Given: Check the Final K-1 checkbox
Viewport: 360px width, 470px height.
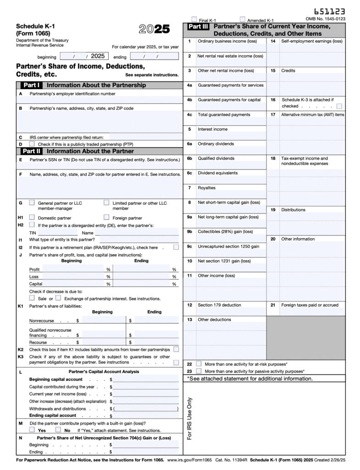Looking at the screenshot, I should coord(194,20).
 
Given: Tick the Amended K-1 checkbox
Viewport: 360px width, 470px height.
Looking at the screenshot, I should coord(243,20).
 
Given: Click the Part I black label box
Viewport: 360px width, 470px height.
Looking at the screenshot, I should coord(31,85).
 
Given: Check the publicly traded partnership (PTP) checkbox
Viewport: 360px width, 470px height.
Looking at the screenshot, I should coord(32,144).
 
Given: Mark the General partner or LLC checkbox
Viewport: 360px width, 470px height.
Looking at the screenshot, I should coord(32,202).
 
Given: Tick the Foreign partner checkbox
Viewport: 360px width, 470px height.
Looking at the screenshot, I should coord(106,217).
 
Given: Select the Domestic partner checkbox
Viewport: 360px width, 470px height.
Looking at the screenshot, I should coord(32,217).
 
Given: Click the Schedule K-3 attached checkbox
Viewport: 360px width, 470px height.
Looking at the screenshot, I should coord(339,106).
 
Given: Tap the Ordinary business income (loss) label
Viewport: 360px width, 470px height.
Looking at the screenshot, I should coord(227,41).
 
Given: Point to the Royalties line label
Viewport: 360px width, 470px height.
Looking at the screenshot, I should coord(206,188).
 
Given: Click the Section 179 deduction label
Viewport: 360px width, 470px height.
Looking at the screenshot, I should coord(219,305).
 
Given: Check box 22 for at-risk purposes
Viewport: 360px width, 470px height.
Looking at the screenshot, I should coord(199,364).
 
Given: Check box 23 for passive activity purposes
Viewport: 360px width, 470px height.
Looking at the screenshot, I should coord(199,371).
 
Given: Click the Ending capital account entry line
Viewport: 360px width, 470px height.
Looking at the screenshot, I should coord(146,416).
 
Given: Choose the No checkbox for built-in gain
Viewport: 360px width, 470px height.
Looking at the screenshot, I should coord(58,430).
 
